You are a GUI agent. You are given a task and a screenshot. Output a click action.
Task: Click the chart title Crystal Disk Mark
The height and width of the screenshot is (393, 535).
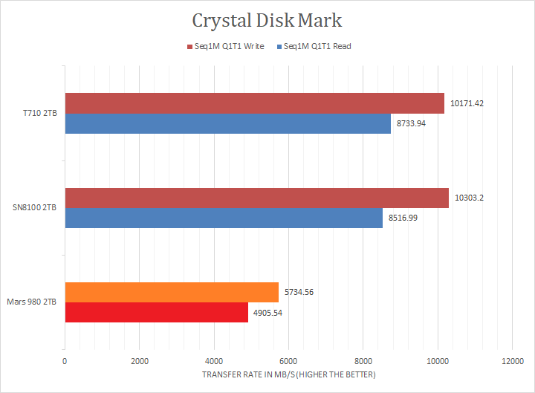[x=267, y=19]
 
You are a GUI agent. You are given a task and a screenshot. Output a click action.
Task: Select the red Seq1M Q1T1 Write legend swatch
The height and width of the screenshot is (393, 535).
[x=189, y=46]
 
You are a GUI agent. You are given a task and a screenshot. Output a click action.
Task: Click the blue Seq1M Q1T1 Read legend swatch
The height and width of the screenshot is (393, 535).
[x=279, y=46]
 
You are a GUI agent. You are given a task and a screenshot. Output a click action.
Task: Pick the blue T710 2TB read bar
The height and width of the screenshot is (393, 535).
[x=227, y=123]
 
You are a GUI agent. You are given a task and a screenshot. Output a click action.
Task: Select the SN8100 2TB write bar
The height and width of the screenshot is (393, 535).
[x=256, y=198]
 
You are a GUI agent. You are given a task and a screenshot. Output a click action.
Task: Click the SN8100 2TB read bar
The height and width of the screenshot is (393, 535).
[x=224, y=218]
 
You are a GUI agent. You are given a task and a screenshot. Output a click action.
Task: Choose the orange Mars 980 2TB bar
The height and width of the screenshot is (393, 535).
[x=172, y=293]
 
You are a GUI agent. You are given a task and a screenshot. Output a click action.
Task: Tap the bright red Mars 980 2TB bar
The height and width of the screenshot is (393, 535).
[x=156, y=313]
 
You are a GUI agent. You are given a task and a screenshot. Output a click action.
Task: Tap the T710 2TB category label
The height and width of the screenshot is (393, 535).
[x=39, y=114]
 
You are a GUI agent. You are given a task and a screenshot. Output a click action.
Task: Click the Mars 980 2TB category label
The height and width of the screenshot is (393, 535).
[x=33, y=302]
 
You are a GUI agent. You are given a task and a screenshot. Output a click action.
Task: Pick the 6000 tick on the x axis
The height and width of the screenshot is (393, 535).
[x=288, y=362]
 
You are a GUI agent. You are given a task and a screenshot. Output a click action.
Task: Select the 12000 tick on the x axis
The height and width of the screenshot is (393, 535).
[x=511, y=362]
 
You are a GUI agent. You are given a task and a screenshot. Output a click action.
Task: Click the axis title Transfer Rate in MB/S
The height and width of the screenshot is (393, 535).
[x=288, y=374]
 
